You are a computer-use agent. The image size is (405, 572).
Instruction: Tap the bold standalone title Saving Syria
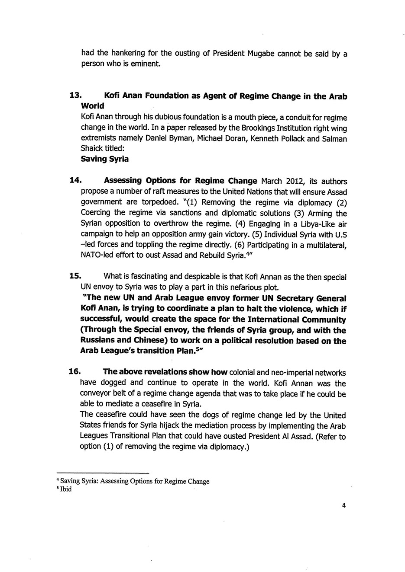coord(104,159)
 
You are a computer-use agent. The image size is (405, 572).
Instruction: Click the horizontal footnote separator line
coord(103,473)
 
